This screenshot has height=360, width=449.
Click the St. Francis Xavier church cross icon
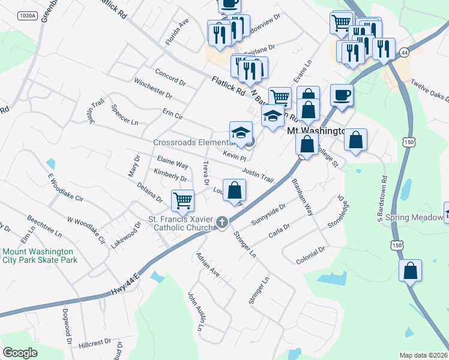(x=221, y=223)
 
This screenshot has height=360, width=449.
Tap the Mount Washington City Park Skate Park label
(x=40, y=256)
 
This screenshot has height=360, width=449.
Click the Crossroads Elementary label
(x=192, y=142)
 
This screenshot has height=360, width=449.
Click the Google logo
(x=20, y=352)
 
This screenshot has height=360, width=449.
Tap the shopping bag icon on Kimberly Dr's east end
(x=235, y=190)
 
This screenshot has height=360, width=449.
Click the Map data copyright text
(x=423, y=355)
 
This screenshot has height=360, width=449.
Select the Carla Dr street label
(x=279, y=230)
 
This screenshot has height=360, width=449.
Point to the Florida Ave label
(x=177, y=31)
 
